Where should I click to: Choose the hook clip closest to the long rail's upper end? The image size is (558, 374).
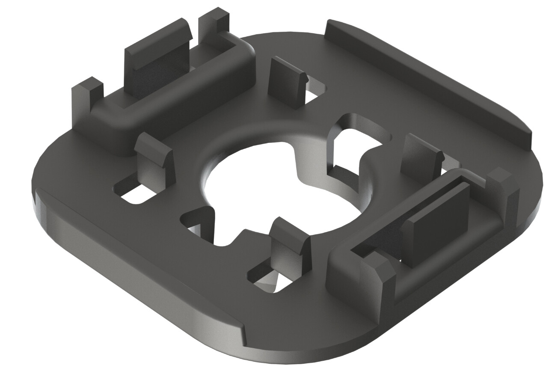(287, 77)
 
